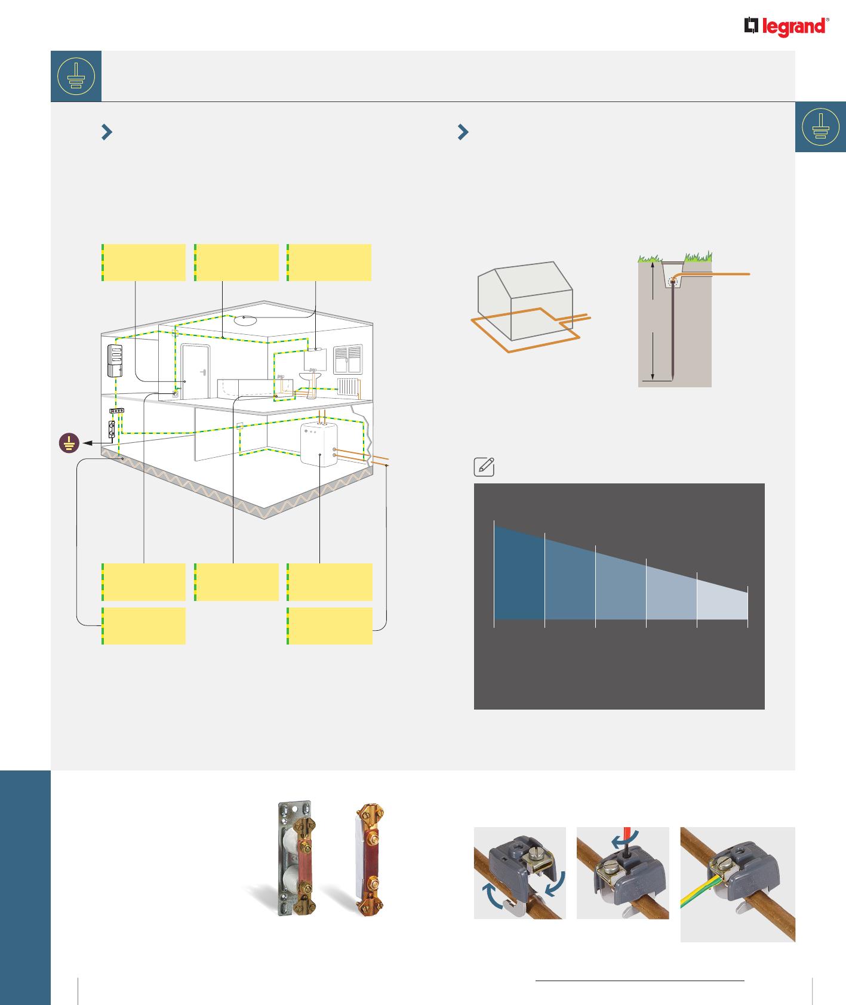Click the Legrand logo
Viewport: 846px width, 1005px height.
pyautogui.click(x=786, y=27)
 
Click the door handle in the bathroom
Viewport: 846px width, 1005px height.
pyautogui.click(x=204, y=372)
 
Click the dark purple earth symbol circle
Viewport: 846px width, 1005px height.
pyautogui.click(x=69, y=444)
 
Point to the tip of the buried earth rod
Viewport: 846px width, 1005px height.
pyautogui.click(x=673, y=380)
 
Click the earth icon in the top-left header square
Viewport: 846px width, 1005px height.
pyautogui.click(x=76, y=76)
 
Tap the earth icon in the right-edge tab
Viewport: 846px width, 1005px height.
pyautogui.click(x=821, y=127)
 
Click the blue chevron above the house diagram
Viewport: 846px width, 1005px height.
pyautogui.click(x=107, y=132)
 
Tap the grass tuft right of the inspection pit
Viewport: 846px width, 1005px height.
pyautogui.click(x=698, y=258)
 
